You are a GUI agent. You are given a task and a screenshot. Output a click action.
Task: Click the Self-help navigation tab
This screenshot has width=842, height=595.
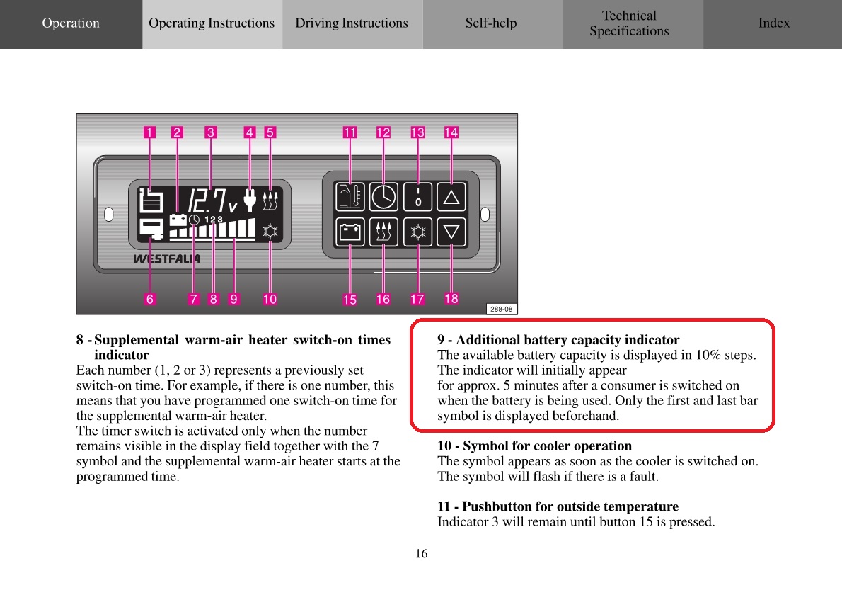491,23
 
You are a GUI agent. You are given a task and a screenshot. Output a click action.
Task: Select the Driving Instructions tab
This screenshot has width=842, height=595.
352,23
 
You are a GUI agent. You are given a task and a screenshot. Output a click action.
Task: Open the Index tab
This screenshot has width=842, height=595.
773,23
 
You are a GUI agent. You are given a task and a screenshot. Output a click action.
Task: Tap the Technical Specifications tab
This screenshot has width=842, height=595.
629,23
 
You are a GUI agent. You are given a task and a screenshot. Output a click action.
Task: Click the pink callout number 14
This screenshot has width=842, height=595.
451,132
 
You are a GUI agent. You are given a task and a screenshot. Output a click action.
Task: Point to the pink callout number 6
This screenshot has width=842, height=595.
149,299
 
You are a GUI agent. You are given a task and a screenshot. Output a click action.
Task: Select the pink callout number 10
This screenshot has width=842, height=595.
270,299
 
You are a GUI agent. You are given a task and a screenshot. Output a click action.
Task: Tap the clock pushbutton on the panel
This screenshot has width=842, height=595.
383,197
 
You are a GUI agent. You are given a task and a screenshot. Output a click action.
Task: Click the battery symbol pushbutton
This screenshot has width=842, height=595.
350,232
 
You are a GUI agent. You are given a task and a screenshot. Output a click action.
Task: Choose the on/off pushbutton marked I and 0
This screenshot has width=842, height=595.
417,197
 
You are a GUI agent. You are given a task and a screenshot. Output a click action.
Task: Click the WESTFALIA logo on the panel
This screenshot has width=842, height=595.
166,259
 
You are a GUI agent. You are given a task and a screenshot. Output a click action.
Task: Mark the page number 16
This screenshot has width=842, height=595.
421,554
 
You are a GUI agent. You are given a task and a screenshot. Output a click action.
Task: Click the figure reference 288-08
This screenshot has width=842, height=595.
502,309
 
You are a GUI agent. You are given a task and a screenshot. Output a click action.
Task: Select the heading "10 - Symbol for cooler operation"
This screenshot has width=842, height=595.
534,446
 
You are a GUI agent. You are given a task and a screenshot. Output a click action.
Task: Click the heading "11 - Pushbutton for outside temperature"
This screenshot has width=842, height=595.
558,507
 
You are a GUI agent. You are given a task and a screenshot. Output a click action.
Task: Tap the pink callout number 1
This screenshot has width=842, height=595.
149,132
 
